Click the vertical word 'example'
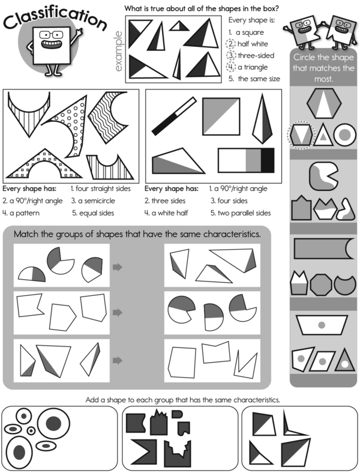click(x=118, y=51)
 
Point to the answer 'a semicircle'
click(x=97, y=200)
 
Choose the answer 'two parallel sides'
click(x=244, y=213)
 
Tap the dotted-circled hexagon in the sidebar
click(x=301, y=135)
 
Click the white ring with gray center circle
click(x=344, y=134)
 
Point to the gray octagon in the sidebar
click(x=321, y=285)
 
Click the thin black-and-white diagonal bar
click(x=174, y=116)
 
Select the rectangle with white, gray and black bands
click(x=246, y=160)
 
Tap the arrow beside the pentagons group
click(x=118, y=312)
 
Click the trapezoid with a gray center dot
click(x=322, y=325)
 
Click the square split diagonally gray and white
click(x=221, y=116)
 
